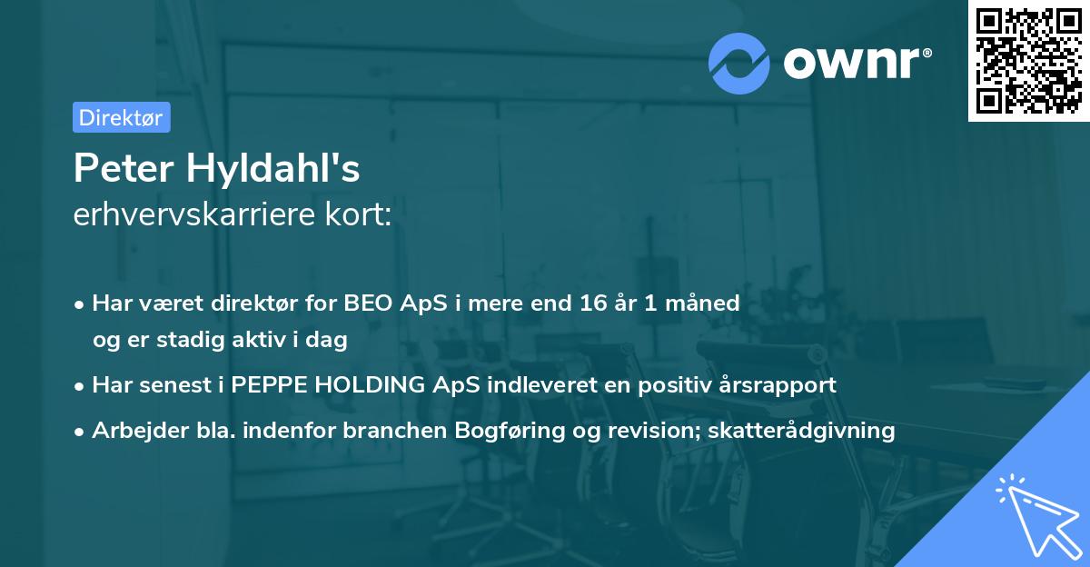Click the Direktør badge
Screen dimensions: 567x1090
pyautogui.click(x=121, y=117)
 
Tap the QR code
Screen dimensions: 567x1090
pyautogui.click(x=1028, y=60)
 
